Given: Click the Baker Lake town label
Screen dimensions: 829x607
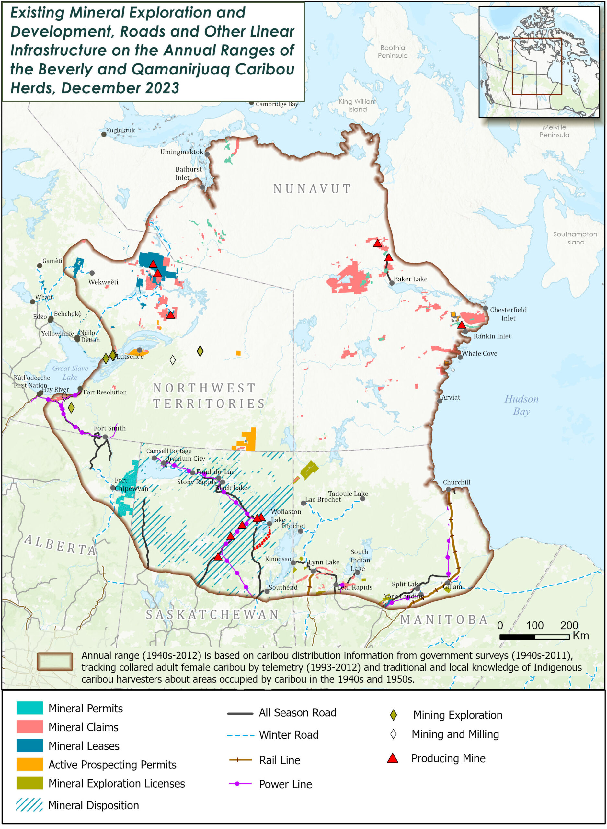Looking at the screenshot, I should (x=410, y=279).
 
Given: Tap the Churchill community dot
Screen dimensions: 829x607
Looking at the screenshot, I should (x=448, y=489).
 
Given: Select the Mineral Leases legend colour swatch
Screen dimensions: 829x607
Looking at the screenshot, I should (x=29, y=746).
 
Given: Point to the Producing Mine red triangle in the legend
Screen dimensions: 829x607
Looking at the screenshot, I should (x=393, y=758).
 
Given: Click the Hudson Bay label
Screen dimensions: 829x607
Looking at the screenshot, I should (x=521, y=405).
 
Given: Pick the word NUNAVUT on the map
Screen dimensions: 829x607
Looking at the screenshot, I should (x=312, y=189).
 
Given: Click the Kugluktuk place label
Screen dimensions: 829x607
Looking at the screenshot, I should (x=120, y=131).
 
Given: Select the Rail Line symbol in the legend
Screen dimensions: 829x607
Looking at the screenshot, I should (x=240, y=760).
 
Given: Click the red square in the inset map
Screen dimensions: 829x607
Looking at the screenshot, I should (x=537, y=66).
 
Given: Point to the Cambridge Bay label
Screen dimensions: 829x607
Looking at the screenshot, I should (x=277, y=104).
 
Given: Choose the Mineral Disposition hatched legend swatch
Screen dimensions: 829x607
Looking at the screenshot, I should (x=29, y=805).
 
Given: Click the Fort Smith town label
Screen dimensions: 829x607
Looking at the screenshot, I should (x=109, y=428).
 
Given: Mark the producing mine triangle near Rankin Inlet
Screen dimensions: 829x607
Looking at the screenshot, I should (x=462, y=325).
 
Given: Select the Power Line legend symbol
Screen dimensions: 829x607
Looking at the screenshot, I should (x=240, y=784).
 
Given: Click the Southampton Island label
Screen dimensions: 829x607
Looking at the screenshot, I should (x=575, y=238).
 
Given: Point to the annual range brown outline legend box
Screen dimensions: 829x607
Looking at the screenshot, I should (x=55, y=662).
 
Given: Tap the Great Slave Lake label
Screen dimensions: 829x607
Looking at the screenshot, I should (x=70, y=372).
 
